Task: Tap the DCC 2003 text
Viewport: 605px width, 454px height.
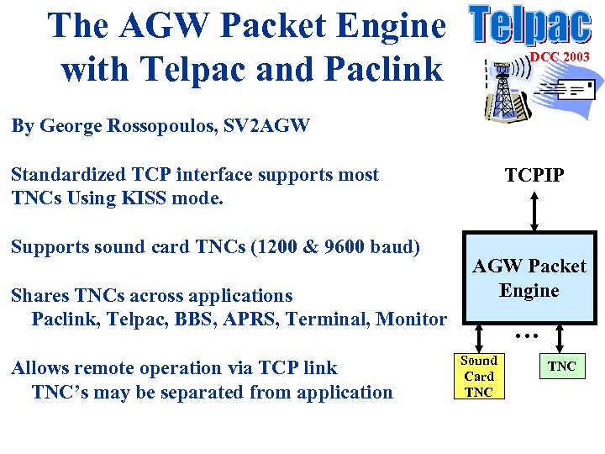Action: pyautogui.click(x=559, y=56)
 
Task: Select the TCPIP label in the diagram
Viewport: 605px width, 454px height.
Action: pyautogui.click(x=534, y=175)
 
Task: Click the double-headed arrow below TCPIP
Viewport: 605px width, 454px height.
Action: pyautogui.click(x=534, y=210)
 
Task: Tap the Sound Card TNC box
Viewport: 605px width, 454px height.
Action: pyautogui.click(x=480, y=376)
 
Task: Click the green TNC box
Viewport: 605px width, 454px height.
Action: pyautogui.click(x=562, y=366)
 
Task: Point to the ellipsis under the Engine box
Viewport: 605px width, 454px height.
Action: pyautogui.click(x=526, y=335)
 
